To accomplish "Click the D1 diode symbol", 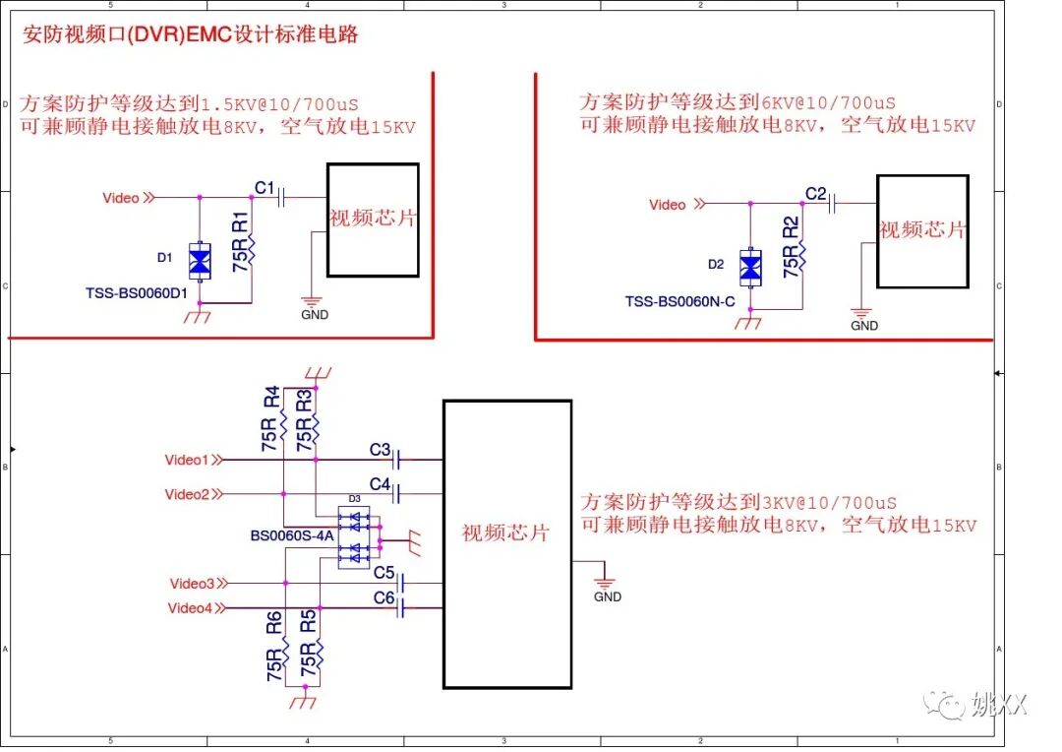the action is tap(201, 261).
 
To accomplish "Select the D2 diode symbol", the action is tap(751, 267).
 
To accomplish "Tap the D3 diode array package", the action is tap(354, 537).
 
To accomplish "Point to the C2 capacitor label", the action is tap(815, 193).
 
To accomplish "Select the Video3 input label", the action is tap(191, 584).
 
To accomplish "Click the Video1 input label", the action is tap(187, 460).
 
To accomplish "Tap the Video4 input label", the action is tap(190, 607).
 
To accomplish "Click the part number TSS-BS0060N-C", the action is tap(679, 301).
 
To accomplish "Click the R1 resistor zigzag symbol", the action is tap(252, 252).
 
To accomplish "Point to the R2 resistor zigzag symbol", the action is tap(802, 258).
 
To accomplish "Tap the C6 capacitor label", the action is tap(383, 597).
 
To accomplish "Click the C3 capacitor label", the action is tap(381, 449).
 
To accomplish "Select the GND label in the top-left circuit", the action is tap(315, 315).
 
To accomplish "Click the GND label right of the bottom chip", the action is tap(608, 596).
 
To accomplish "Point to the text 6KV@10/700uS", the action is tap(829, 102).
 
